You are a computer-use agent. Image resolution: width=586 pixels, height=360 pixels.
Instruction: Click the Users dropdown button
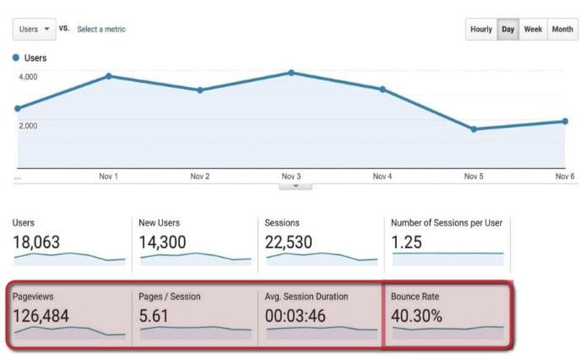(x=35, y=29)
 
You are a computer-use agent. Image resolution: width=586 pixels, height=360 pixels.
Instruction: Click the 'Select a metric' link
(x=101, y=29)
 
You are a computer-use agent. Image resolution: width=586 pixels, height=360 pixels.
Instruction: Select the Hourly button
(x=480, y=29)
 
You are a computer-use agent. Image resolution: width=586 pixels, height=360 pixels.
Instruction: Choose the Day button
(x=508, y=29)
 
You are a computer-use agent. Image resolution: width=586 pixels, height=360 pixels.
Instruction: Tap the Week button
(x=533, y=29)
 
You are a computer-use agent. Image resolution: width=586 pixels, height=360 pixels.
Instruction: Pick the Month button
(x=562, y=29)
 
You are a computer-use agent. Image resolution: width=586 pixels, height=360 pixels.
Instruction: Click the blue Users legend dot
(x=16, y=58)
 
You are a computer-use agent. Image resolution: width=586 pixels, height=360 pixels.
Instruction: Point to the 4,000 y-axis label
(x=28, y=77)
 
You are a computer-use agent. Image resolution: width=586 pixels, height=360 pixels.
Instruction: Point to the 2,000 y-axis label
(x=28, y=126)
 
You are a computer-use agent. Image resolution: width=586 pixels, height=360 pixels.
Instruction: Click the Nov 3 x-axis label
(x=291, y=177)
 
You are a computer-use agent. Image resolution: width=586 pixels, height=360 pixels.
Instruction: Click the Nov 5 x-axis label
(x=474, y=177)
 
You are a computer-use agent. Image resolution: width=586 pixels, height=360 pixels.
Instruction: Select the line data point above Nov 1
(x=109, y=75)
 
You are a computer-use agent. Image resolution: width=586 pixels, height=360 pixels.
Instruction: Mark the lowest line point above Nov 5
(x=474, y=129)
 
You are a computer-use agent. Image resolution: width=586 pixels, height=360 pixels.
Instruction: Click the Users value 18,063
(x=36, y=243)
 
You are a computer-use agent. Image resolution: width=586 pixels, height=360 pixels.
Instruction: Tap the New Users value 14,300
(x=163, y=243)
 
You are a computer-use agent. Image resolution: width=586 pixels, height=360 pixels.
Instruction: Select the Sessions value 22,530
(x=290, y=243)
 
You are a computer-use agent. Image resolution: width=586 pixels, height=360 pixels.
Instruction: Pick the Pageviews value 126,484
(x=42, y=316)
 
